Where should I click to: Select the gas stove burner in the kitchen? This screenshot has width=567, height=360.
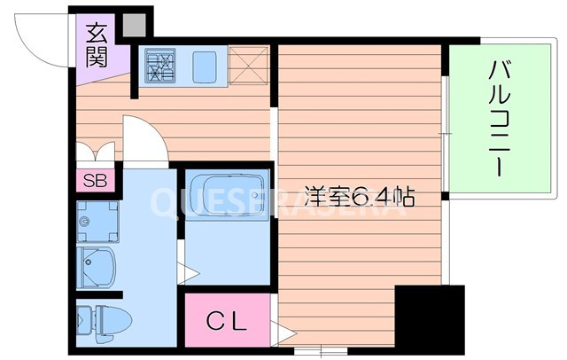[x=161, y=65]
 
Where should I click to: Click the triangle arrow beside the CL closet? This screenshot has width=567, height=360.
[x=283, y=335]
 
